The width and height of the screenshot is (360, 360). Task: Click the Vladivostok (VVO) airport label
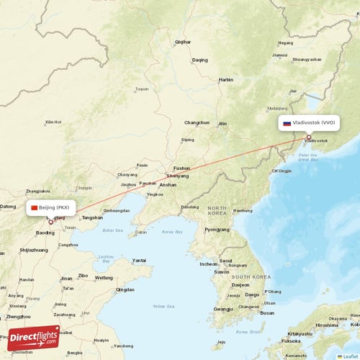pos(313,123)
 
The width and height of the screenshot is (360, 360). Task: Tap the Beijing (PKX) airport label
pos(55,207)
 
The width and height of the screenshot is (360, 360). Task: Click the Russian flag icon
pos(287,123)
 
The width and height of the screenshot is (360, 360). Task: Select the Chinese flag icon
pos(34,207)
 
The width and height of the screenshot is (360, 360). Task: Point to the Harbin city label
pos(226,79)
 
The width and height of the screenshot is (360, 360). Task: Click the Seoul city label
pos(225,261)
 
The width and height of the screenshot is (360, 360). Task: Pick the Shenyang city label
pos(177,176)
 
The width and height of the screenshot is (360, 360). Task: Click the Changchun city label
pos(197,122)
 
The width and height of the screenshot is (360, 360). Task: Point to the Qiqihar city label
pos(183,42)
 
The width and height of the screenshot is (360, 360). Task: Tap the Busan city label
pos(267,313)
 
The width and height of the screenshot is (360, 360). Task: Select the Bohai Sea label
pos(112,231)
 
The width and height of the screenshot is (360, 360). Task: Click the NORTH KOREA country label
pos(217,211)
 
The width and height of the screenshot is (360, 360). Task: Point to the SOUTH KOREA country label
pos(251,276)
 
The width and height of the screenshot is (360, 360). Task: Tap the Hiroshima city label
pos(325,325)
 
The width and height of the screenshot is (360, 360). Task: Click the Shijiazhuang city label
pos(34,250)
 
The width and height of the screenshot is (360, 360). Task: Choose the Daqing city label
pos(199,60)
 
